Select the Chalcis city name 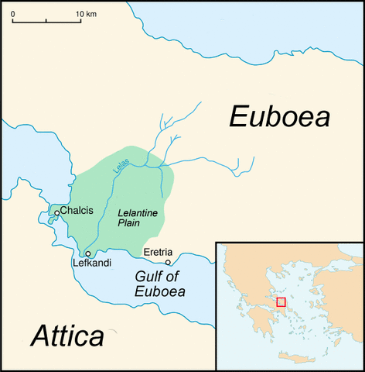point(77,211)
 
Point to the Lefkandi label point(92,263)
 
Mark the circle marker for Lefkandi point(87,253)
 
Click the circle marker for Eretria point(168,263)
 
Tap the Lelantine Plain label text point(135,218)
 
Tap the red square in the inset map point(281,301)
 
